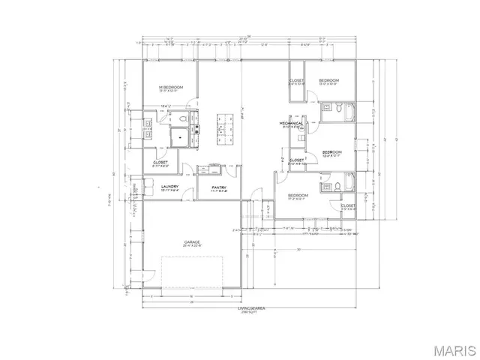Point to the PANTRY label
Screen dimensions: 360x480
pos(219,187)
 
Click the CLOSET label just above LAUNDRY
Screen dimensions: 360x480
pos(160,160)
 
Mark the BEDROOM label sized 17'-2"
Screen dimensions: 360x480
pos(298,195)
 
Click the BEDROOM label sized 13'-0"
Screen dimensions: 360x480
pos(328,79)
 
